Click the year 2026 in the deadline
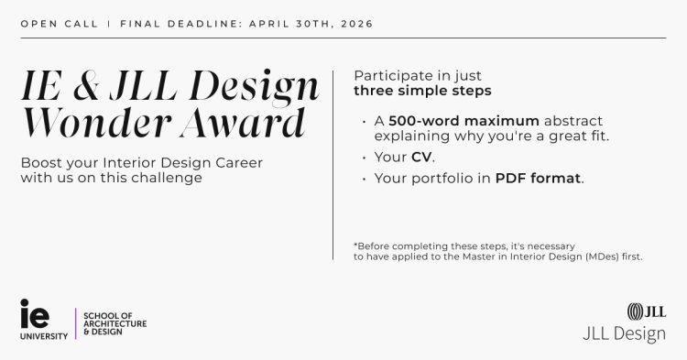pos(355,22)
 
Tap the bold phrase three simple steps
pos(422,91)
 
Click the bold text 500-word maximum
pos(463,121)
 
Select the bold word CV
pos(421,157)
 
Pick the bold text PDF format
pos(539,178)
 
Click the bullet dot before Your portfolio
pos(365,179)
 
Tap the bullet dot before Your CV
pos(365,158)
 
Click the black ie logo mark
pos(35,313)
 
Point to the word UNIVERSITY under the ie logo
pos(43,336)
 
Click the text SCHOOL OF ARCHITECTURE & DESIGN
pos(114,323)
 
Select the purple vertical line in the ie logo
pos(75,323)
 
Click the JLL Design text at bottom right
pos(624,334)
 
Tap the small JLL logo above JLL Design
pos(646,311)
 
